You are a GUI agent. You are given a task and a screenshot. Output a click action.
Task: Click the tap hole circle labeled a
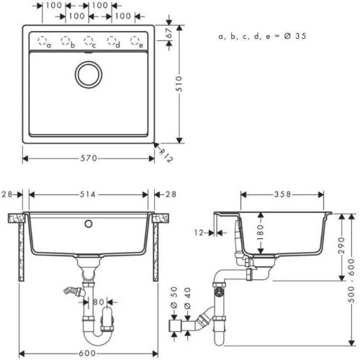coord(41,40)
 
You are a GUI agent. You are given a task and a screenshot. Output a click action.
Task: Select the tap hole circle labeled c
coord(90,40)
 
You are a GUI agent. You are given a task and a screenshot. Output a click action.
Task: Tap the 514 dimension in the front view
coord(90,194)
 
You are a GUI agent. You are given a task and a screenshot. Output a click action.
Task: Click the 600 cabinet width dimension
coord(90,351)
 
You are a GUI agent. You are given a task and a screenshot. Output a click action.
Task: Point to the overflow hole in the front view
coord(90,223)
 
